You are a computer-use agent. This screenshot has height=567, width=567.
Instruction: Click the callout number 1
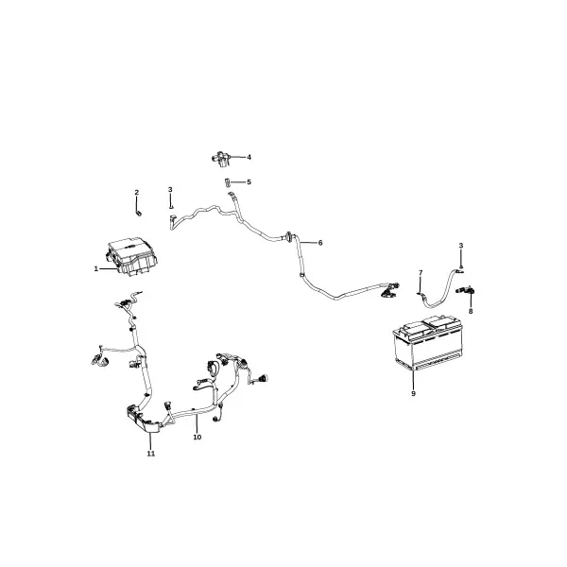pyautogui.click(x=95, y=269)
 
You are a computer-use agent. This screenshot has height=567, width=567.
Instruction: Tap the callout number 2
pyautogui.click(x=137, y=193)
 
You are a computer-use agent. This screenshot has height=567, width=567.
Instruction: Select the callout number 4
pyautogui.click(x=249, y=157)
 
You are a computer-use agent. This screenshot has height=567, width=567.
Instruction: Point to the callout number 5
pyautogui.click(x=249, y=181)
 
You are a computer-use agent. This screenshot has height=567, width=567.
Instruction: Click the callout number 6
pyautogui.click(x=320, y=243)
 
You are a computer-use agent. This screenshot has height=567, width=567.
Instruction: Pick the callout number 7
pyautogui.click(x=421, y=272)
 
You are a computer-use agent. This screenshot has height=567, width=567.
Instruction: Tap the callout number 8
pyautogui.click(x=471, y=311)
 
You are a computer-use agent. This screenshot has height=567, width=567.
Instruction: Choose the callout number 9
pyautogui.click(x=413, y=393)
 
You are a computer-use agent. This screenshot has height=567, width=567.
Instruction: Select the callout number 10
pyautogui.click(x=198, y=438)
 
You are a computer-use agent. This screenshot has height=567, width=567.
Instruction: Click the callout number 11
pyautogui.click(x=151, y=454)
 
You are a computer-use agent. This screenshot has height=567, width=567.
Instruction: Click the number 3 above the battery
pyautogui.click(x=461, y=246)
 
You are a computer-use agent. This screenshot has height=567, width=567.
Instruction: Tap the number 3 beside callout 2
pyautogui.click(x=170, y=190)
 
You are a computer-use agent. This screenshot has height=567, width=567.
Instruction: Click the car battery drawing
pyautogui.click(x=427, y=342)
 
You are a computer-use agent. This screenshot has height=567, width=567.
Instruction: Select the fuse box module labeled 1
pyautogui.click(x=132, y=257)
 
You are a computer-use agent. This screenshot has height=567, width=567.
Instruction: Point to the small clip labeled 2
pyautogui.click(x=139, y=213)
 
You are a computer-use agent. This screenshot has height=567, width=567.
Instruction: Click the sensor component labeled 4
pyautogui.click(x=221, y=159)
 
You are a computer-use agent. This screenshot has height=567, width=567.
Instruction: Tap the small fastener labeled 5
pyautogui.click(x=228, y=182)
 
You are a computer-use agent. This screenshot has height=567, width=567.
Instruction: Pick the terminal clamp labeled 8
pyautogui.click(x=467, y=290)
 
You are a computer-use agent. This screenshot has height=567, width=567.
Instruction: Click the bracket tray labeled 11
pyautogui.click(x=143, y=420)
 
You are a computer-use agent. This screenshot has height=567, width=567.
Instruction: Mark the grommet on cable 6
pyautogui.click(x=290, y=237)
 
